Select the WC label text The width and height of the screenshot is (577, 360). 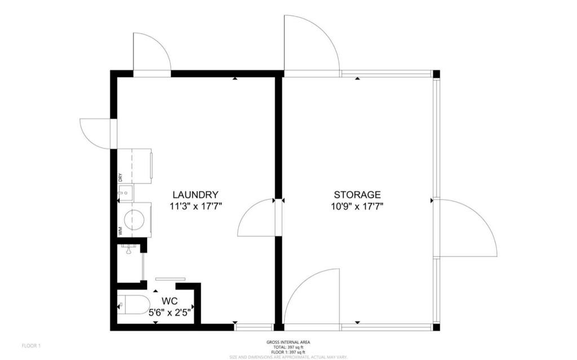pos(170,300)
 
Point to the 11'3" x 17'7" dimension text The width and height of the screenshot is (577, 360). pos(196,206)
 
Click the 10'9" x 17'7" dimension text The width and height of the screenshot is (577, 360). pos(357,206)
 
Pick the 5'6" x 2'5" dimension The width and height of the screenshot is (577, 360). pos(171,311)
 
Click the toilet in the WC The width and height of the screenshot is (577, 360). pos(134,305)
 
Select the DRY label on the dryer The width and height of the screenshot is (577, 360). pos(121,177)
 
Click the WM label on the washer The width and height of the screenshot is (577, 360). pos(121,230)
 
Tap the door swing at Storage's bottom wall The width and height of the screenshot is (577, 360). pos(313,297)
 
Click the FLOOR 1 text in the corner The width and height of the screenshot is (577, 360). pos(31,345)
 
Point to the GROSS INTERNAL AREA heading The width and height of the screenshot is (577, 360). pos(288,342)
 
